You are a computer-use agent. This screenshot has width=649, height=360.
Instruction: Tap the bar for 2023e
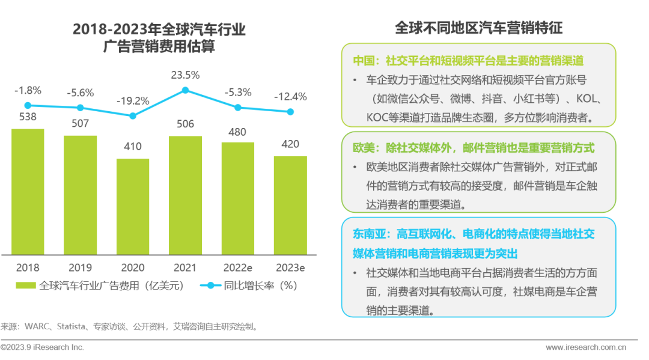click(x=290, y=205)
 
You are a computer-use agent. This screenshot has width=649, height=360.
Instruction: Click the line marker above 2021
click(x=185, y=90)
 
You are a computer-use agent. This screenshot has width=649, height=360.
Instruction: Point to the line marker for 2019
click(x=80, y=108)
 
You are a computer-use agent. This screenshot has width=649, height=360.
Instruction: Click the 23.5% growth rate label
click(x=185, y=75)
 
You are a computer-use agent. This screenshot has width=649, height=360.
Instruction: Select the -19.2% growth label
click(x=133, y=100)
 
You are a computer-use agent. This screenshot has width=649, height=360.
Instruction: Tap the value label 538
click(x=28, y=117)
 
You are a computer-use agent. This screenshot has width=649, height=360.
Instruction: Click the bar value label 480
click(x=237, y=132)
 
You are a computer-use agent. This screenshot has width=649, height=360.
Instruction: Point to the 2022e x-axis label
click(x=237, y=267)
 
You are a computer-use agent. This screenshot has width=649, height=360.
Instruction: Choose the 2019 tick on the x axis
click(x=80, y=267)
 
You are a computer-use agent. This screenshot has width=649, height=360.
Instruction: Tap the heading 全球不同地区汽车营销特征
click(x=478, y=28)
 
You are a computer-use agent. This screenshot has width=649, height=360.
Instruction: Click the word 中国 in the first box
click(x=364, y=61)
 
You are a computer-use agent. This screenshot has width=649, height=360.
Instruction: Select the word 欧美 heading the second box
click(x=364, y=147)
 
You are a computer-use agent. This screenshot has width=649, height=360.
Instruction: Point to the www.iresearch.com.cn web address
click(x=586, y=347)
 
